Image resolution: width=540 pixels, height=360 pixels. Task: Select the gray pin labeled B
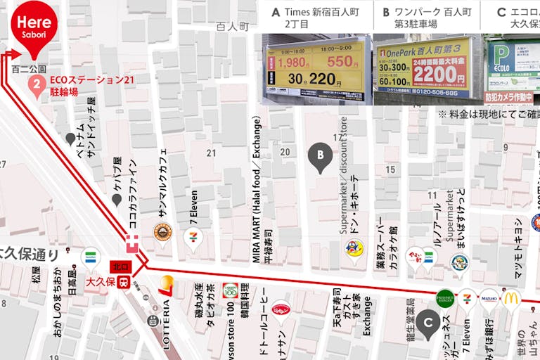[321, 156]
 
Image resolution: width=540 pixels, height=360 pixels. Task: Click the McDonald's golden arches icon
[511, 298]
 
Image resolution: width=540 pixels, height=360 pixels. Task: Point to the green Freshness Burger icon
[444, 298]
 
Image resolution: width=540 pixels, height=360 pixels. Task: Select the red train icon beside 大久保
[123, 283]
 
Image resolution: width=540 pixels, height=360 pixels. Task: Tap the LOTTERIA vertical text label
[167, 317]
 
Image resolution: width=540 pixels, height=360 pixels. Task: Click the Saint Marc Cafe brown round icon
[163, 232]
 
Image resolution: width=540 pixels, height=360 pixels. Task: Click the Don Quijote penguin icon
[354, 248]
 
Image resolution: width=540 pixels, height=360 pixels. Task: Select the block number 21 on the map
[210, 153]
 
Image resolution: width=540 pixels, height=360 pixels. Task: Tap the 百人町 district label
[233, 26]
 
